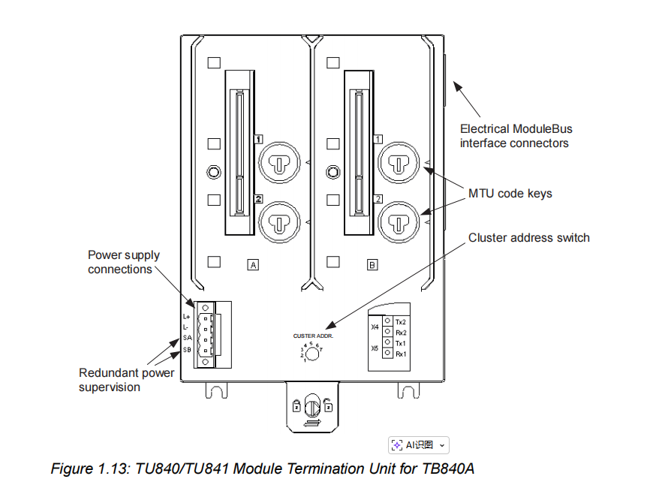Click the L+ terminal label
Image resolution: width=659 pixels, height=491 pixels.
pyautogui.click(x=186, y=317)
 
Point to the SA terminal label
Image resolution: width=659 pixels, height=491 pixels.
pyautogui.click(x=187, y=338)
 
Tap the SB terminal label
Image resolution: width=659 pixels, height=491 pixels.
pyautogui.click(x=187, y=349)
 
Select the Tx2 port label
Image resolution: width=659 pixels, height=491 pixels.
pyautogui.click(x=400, y=321)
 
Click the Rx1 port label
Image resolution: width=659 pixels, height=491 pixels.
pyautogui.click(x=400, y=354)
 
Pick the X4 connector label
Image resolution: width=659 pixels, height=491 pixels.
pyautogui.click(x=375, y=327)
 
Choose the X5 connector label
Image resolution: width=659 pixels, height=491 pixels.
pyautogui.click(x=375, y=348)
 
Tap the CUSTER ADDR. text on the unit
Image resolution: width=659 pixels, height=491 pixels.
pyautogui.click(x=313, y=336)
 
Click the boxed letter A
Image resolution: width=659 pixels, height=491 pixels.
pyautogui.click(x=253, y=264)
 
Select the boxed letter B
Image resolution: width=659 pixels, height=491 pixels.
pyautogui.click(x=372, y=264)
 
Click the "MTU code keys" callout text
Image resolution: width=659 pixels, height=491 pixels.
pyautogui.click(x=510, y=194)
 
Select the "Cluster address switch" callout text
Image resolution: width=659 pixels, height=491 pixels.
pyautogui.click(x=528, y=238)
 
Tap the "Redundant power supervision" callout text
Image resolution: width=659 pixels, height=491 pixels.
pyautogui.click(x=126, y=380)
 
